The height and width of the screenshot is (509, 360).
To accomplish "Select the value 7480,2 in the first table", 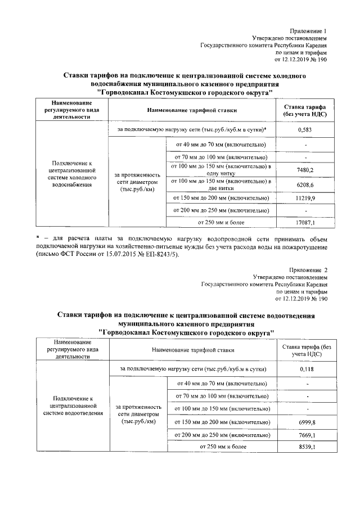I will tap(304, 169).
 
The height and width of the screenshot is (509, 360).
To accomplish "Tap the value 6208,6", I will tap(304, 184).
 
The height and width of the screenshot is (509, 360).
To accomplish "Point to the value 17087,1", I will tap(304, 223).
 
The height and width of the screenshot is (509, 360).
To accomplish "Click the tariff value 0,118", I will tap(306, 368).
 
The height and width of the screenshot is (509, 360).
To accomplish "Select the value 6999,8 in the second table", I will tap(306, 422).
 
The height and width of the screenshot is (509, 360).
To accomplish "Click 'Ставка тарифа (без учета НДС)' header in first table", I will tap(304, 110).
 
